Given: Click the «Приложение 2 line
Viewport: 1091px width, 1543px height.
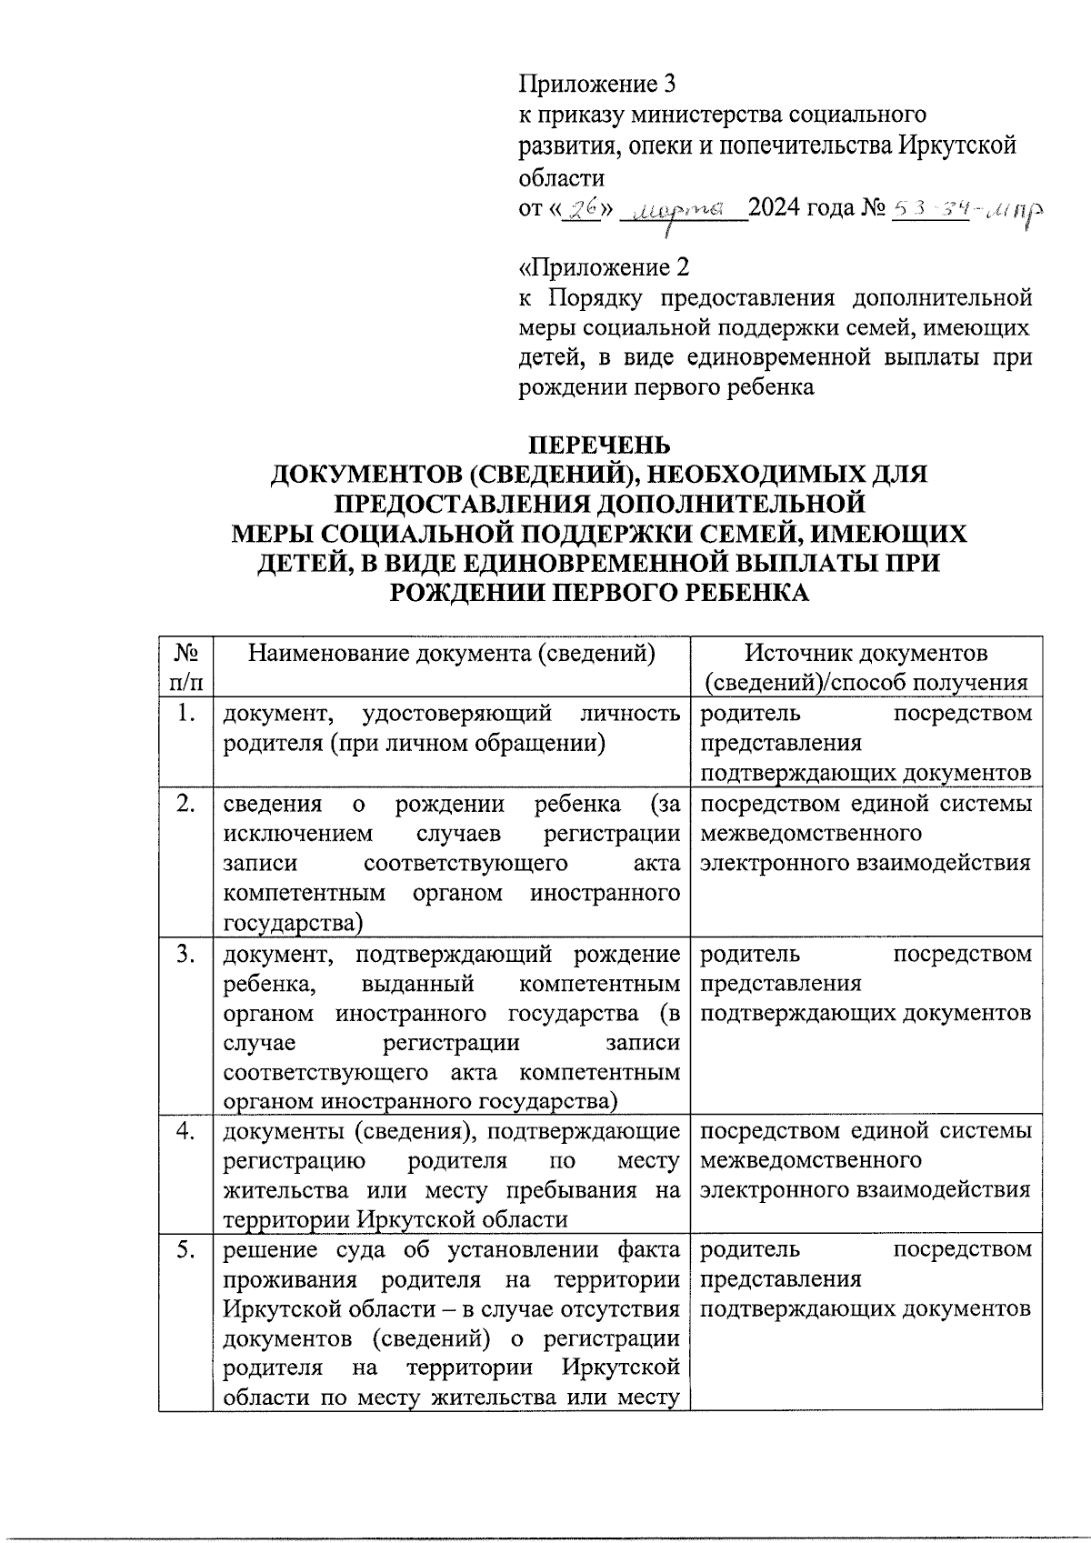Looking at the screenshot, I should tap(603, 267).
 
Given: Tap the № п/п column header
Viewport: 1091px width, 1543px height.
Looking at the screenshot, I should tap(185, 667).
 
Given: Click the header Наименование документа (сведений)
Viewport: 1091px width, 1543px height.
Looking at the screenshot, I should tap(452, 653).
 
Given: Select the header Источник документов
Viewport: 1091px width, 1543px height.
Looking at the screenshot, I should tap(866, 653).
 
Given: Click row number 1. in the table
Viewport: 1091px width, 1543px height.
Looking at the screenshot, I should tap(185, 714).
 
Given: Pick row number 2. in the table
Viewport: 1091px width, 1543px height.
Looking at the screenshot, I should tap(185, 804).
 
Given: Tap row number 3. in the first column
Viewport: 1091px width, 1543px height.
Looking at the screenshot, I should tap(185, 954).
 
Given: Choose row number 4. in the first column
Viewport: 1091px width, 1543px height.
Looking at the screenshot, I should tap(185, 1131).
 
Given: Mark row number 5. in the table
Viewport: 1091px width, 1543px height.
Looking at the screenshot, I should tap(185, 1250).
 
